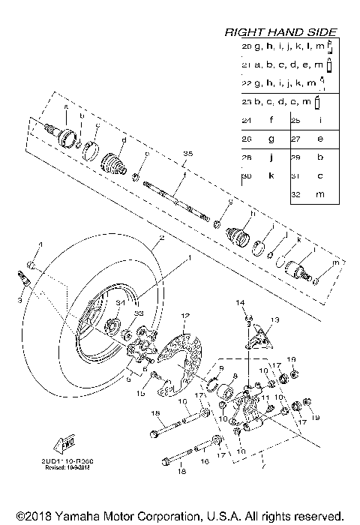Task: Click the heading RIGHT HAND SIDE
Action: [281, 32]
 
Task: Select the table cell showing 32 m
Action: [311, 193]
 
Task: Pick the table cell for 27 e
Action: [311, 139]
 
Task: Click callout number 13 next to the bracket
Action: [274, 319]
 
